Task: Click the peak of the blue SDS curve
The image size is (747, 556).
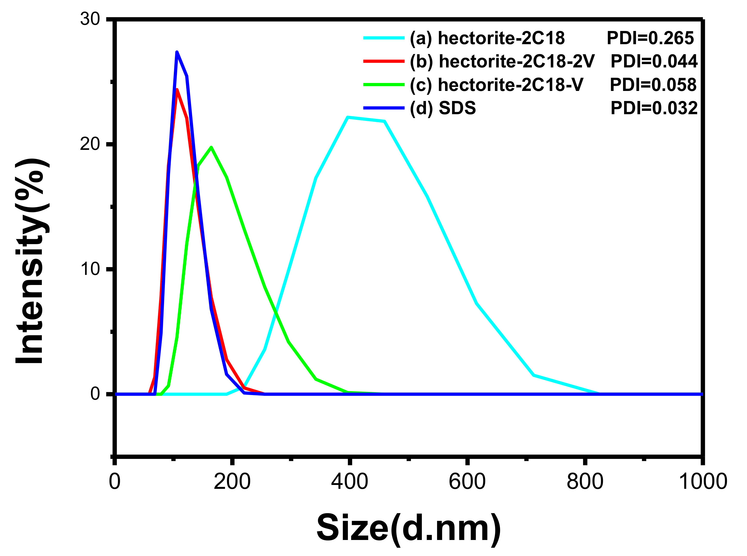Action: click(x=177, y=52)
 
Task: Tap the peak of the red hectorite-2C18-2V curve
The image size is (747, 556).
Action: click(x=177, y=90)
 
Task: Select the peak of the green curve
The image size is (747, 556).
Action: click(x=211, y=147)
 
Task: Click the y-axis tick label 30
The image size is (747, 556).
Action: click(x=90, y=19)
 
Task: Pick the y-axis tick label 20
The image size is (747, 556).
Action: click(x=90, y=144)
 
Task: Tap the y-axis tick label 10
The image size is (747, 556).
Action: click(x=90, y=269)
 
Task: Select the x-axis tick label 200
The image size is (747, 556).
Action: click(x=232, y=482)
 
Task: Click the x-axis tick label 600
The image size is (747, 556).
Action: click(x=467, y=482)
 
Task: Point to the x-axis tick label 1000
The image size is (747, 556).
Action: click(x=703, y=482)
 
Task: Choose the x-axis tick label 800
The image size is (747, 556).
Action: click(x=585, y=482)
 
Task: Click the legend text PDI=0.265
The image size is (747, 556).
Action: click(x=650, y=38)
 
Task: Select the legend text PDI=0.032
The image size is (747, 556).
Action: click(x=654, y=108)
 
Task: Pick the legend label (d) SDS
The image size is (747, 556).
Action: click(x=443, y=108)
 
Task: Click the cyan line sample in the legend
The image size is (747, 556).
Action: click(x=384, y=38)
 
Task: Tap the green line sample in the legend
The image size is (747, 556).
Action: click(x=384, y=84)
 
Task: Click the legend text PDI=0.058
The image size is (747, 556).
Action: click(x=653, y=84)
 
